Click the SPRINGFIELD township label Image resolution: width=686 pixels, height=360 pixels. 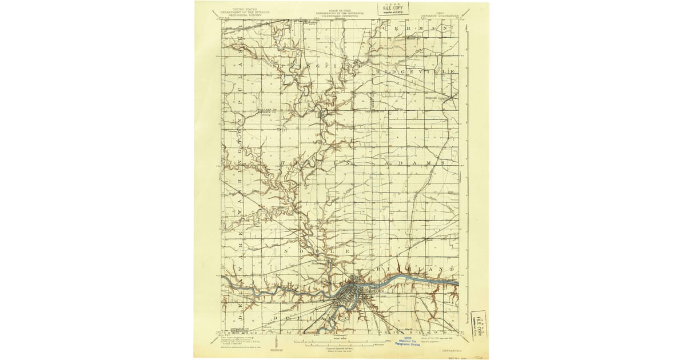point(319,66)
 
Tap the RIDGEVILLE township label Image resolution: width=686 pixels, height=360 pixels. point(416,72)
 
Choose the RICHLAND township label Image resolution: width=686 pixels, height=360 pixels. point(416,268)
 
